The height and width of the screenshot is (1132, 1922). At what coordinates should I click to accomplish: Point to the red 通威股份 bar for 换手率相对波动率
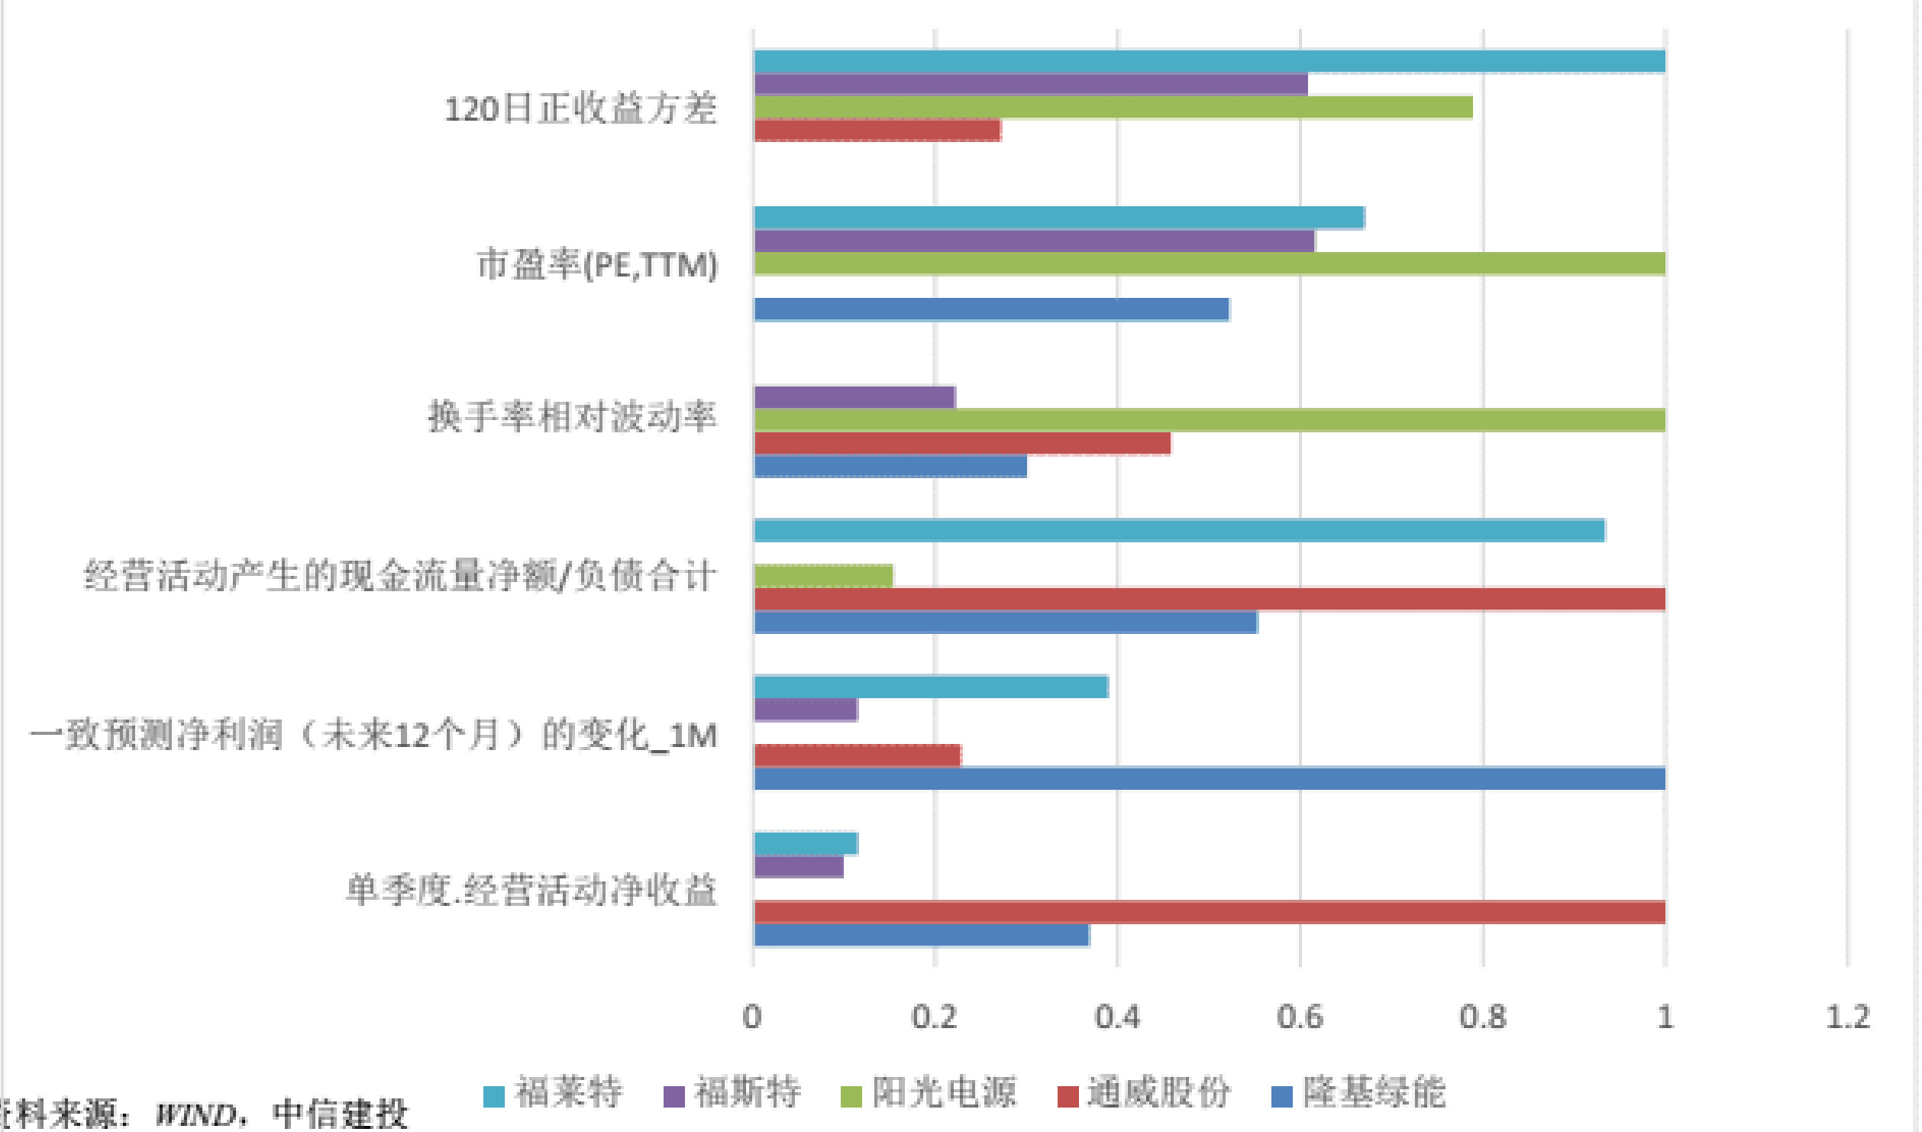pos(961,443)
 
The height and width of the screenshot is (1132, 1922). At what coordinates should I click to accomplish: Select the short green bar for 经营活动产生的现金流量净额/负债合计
pos(823,576)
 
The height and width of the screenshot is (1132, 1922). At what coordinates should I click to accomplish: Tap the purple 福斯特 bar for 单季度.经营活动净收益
pos(798,866)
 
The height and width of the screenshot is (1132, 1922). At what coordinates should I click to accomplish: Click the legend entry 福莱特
pos(554,1092)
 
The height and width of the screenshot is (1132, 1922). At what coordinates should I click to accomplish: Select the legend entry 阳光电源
pos(929,1092)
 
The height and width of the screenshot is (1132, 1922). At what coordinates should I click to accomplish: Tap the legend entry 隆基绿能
pos(1358,1092)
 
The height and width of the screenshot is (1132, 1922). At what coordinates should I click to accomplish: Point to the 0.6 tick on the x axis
pos(1300,1017)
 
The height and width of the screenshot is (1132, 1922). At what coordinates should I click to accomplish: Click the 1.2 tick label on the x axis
pos(1847,1017)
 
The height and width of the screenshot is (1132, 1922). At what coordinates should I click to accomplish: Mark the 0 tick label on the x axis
pos(752,1017)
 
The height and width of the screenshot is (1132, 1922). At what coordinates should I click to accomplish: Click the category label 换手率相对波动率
pos(572,417)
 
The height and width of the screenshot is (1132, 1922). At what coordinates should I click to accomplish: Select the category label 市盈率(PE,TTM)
pos(597,265)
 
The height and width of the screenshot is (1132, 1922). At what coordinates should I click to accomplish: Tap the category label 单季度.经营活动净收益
pos(531,891)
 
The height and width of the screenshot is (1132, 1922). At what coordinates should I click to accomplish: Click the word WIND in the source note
pos(195,1115)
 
